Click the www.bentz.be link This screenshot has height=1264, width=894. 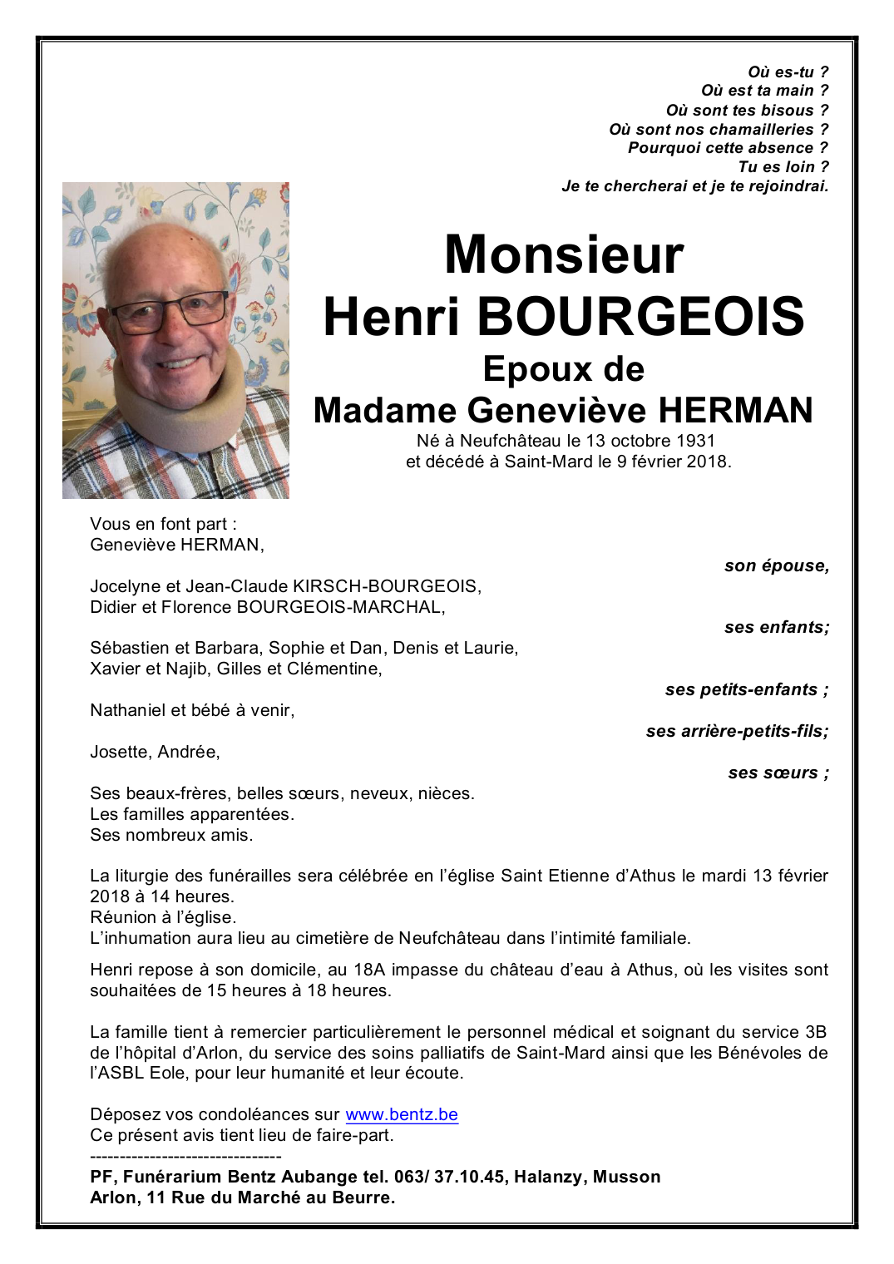click(x=402, y=1114)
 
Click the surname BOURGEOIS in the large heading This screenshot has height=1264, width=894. click(x=640, y=317)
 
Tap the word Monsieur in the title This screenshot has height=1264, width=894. click(x=564, y=254)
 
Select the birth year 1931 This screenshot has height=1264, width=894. click(x=695, y=441)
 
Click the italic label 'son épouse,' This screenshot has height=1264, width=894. click(x=776, y=566)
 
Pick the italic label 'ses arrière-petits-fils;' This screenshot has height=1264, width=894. click(x=737, y=732)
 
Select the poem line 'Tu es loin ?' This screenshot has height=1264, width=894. click(x=783, y=167)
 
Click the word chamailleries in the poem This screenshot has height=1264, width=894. click(x=766, y=130)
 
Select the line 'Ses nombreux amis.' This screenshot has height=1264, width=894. click(x=171, y=835)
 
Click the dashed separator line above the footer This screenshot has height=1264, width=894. click(x=185, y=1156)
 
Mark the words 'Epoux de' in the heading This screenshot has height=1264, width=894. click(x=563, y=369)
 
